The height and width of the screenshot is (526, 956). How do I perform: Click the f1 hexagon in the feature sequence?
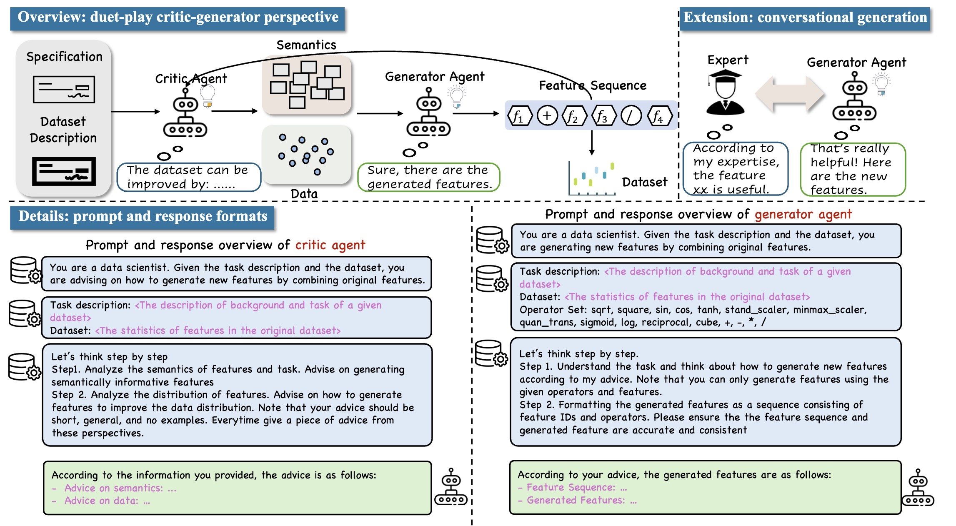(519, 116)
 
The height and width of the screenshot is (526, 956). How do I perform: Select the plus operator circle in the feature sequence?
(547, 115)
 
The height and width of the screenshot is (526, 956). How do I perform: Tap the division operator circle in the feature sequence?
(631, 115)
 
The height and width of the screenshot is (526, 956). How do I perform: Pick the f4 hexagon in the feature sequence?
(659, 116)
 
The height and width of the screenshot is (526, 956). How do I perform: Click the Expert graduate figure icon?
(725, 93)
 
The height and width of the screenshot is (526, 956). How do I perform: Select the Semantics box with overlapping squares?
(307, 85)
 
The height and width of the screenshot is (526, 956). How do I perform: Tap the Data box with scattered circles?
(307, 154)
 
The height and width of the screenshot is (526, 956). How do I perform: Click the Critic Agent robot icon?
(185, 115)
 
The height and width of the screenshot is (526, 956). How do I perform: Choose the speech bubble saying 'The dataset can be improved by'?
(188, 177)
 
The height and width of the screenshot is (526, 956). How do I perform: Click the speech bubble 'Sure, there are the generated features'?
(428, 177)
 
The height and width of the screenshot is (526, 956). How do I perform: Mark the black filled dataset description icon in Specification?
(64, 171)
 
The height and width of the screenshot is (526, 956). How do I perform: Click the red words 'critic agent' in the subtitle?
(330, 245)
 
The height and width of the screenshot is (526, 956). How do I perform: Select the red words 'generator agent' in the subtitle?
(803, 214)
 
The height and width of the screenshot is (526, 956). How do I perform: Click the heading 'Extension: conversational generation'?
(805, 18)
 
